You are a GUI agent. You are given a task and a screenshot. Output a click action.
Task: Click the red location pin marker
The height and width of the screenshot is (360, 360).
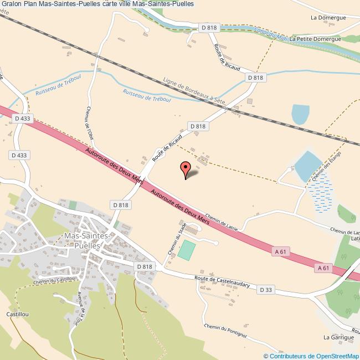[x=186, y=169]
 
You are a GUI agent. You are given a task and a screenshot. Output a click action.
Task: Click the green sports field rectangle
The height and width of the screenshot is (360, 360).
[x=187, y=250]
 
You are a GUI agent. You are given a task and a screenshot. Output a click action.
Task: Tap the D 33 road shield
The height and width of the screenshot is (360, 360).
[x=266, y=290]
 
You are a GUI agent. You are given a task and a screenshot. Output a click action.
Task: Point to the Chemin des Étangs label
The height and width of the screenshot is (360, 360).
[x=327, y=168]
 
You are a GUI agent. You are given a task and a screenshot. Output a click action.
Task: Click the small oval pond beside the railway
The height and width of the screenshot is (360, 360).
[x=301, y=114]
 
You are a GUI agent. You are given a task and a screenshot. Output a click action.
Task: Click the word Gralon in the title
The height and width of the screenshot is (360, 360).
[x=12, y=4]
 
